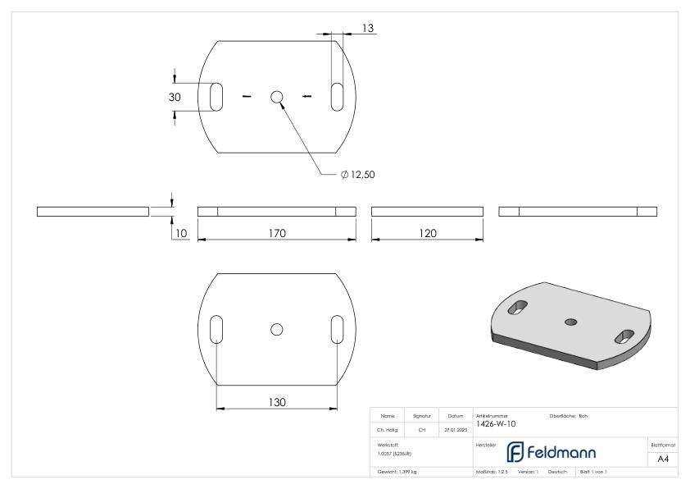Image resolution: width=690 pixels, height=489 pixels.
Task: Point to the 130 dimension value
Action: (276, 401)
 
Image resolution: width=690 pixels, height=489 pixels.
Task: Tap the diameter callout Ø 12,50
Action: (357, 174)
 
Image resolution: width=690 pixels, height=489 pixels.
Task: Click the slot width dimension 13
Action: (368, 29)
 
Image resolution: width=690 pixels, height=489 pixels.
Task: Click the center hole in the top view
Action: (277, 97)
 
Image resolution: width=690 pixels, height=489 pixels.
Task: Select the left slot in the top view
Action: (216, 96)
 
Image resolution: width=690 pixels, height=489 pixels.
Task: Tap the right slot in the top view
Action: (337, 96)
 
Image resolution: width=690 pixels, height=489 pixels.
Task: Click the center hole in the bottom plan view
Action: (277, 329)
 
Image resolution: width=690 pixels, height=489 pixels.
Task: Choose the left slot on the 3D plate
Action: (518, 307)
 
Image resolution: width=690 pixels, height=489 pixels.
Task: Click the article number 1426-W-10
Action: (496, 424)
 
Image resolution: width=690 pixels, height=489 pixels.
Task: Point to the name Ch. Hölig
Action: (387, 429)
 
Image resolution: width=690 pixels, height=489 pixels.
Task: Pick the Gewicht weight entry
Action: (397, 473)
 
